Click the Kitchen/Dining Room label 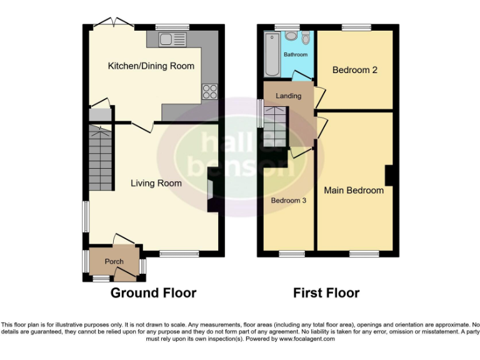(151, 66)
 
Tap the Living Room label (156, 183)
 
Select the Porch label (114, 261)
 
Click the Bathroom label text (296, 55)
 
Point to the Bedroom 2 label (354, 70)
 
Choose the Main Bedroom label (354, 190)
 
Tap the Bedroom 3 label (288, 201)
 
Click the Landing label (288, 96)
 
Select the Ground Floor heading (153, 292)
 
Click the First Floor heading (326, 292)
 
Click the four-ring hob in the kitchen (210, 92)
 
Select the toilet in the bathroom (305, 38)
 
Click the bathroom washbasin (291, 36)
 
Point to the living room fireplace (212, 195)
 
